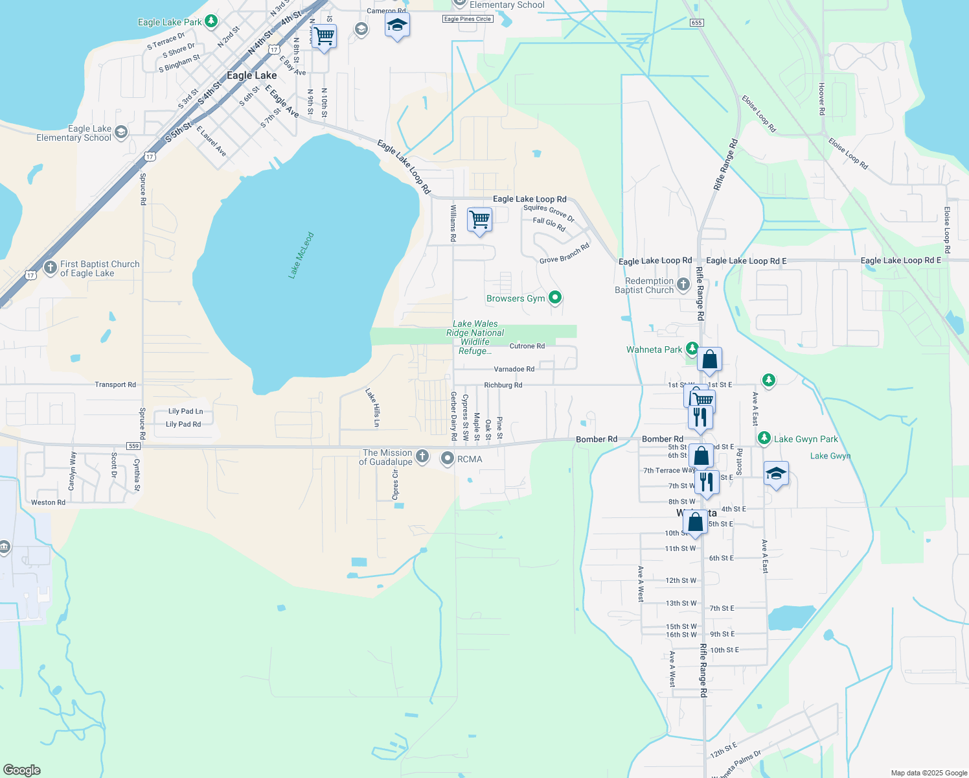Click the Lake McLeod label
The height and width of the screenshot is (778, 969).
point(301,255)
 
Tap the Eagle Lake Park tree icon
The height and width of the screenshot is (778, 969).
point(211,21)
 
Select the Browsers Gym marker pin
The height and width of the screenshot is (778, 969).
point(554,298)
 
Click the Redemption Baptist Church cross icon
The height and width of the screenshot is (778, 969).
point(683,284)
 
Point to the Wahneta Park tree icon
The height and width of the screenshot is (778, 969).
point(692,349)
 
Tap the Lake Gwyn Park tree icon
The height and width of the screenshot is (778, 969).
point(764,438)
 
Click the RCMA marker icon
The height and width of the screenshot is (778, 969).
point(447,459)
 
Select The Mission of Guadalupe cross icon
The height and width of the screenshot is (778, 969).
point(422,456)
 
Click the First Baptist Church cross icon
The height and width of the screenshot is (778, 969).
point(51,267)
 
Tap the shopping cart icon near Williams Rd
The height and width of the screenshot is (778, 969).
point(479,219)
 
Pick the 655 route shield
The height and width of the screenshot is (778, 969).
point(696,23)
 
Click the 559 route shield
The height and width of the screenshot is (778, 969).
point(133,446)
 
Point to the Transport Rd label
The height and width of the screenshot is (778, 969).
point(115,384)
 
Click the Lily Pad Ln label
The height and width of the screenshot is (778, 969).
point(185,411)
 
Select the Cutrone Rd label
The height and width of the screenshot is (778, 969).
point(527,346)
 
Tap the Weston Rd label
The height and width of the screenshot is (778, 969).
point(48,502)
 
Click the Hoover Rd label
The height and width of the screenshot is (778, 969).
point(821,99)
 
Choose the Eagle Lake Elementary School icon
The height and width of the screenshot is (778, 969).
point(121,133)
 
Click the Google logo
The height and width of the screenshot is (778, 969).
point(21,770)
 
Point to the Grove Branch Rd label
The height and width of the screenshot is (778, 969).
point(565,253)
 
